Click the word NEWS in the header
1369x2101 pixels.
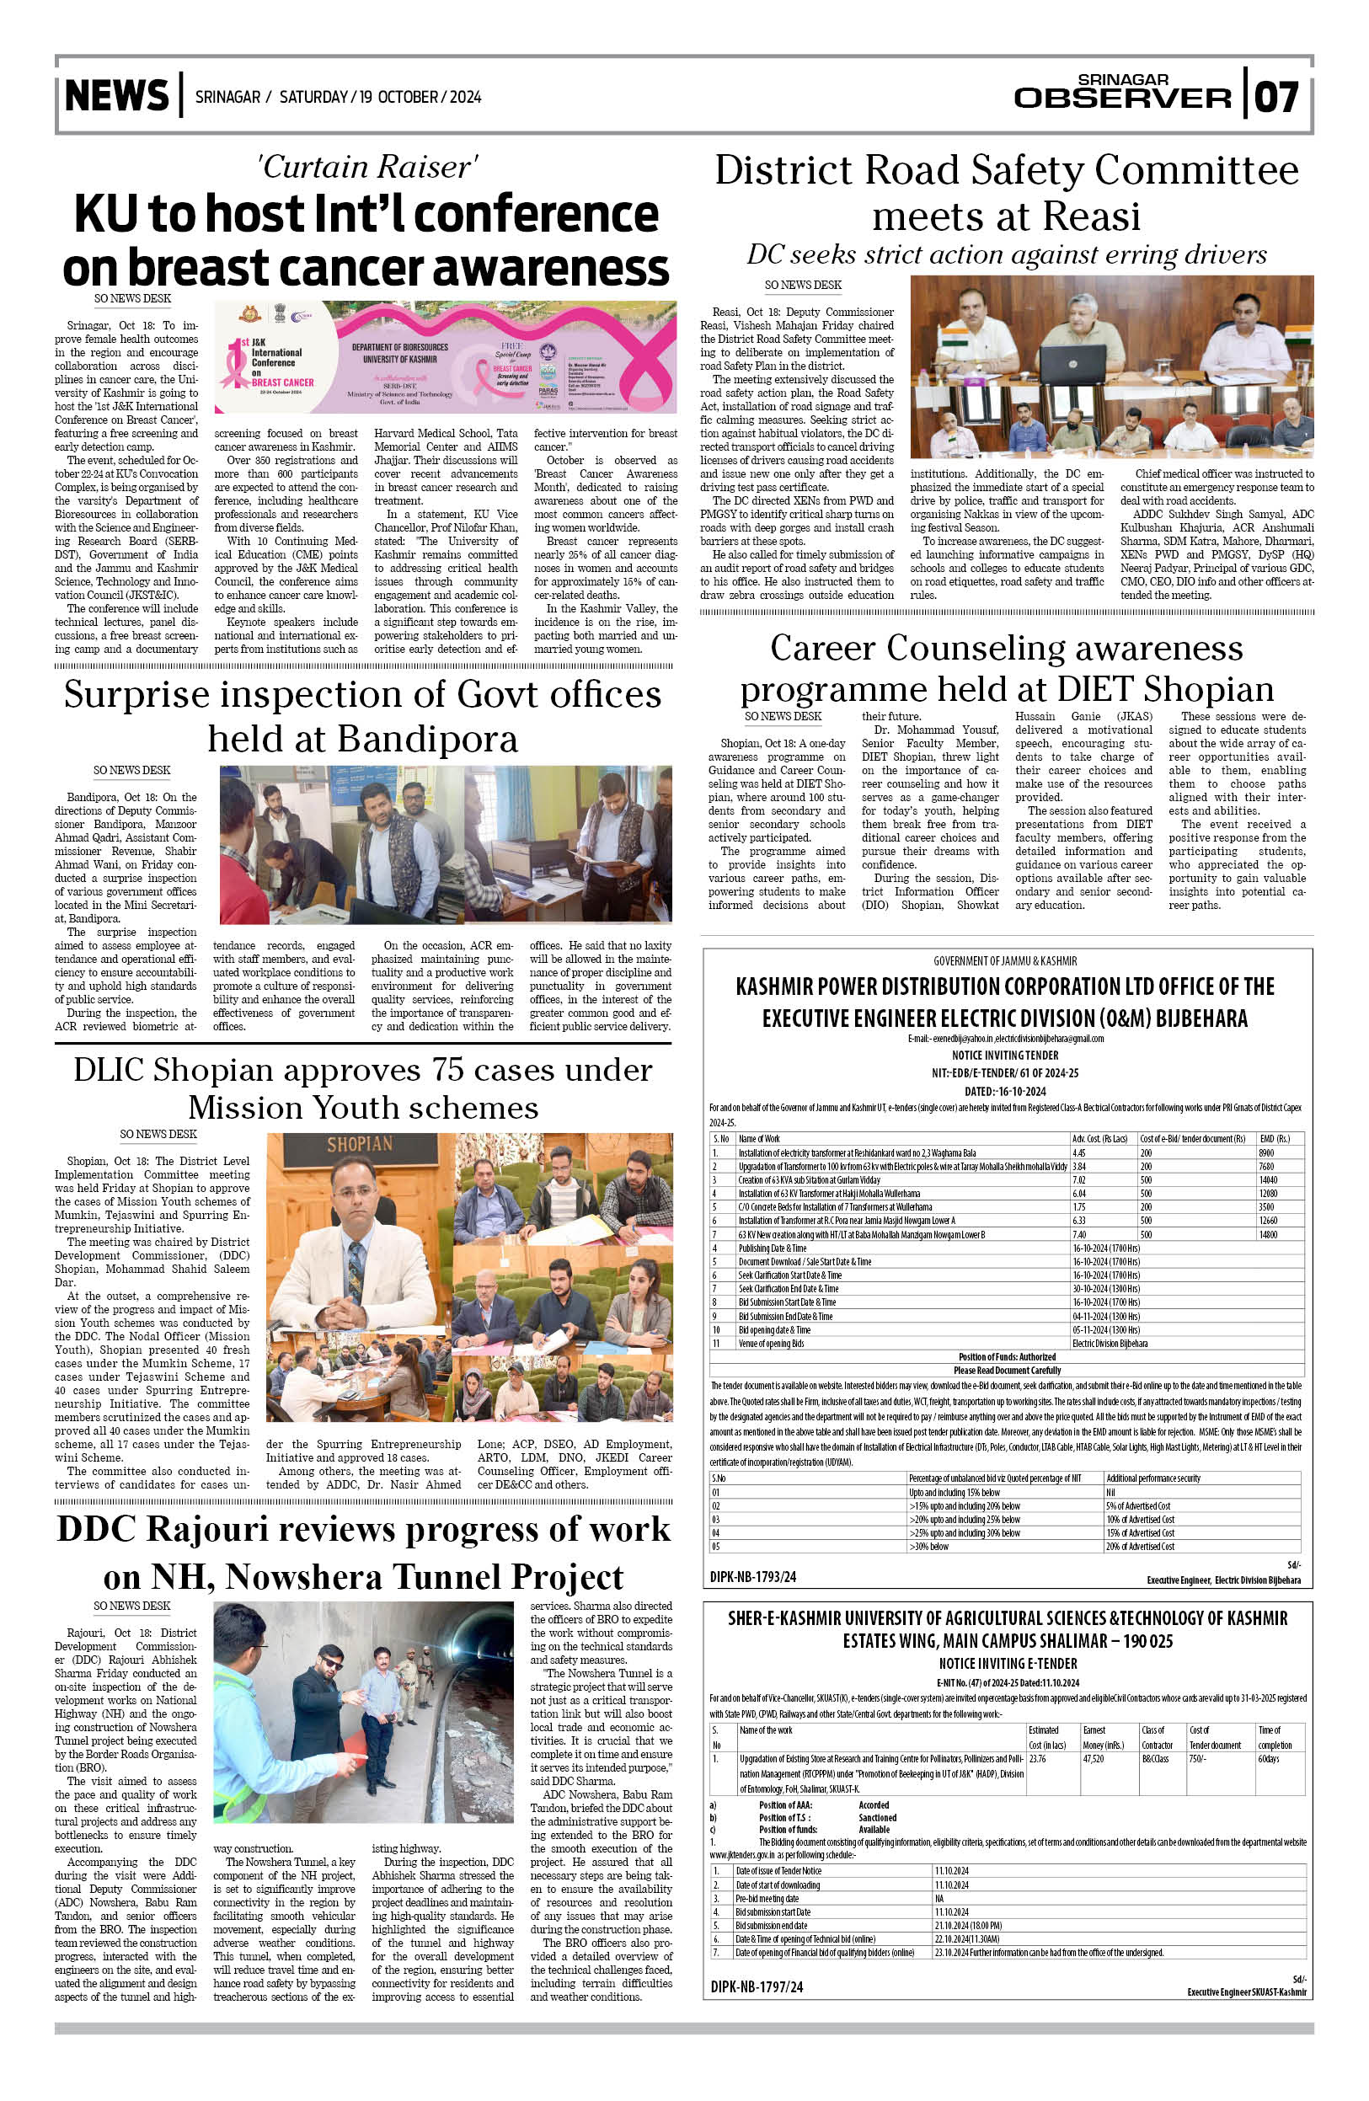[x=116, y=95]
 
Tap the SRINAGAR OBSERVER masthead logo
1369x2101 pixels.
[x=1122, y=92]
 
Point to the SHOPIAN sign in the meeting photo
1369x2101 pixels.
[x=359, y=1145]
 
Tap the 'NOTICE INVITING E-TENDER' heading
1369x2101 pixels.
[x=1007, y=1663]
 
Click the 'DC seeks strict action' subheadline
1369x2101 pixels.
[x=1006, y=255]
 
